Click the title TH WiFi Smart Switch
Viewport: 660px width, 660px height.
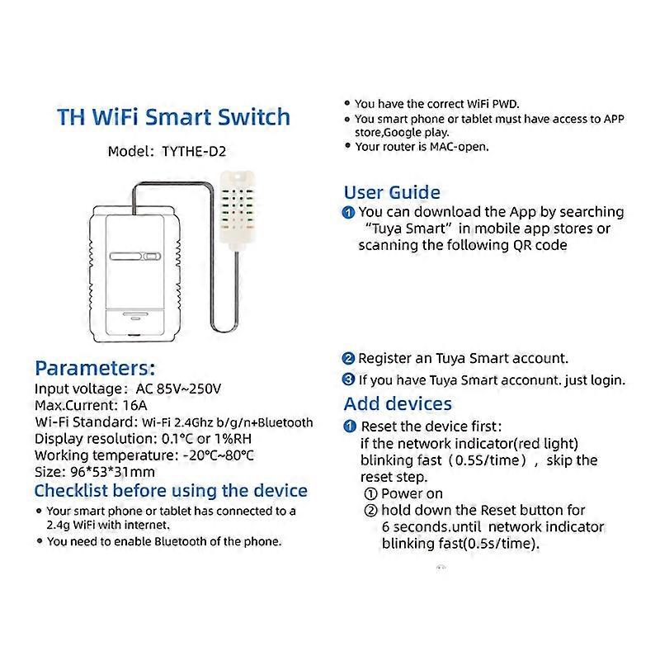[173, 116]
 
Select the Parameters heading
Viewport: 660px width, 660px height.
[95, 368]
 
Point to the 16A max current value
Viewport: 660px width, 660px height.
[133, 405]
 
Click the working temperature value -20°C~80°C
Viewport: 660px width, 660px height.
[217, 455]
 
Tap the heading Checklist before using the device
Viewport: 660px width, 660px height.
[171, 491]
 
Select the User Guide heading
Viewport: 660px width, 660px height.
[392, 192]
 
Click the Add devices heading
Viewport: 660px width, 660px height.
[398, 403]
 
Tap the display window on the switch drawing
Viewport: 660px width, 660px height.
[137, 257]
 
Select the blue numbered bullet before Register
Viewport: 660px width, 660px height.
[348, 359]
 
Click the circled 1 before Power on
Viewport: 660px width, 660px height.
[370, 493]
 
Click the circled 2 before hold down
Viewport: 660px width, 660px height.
[370, 511]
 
